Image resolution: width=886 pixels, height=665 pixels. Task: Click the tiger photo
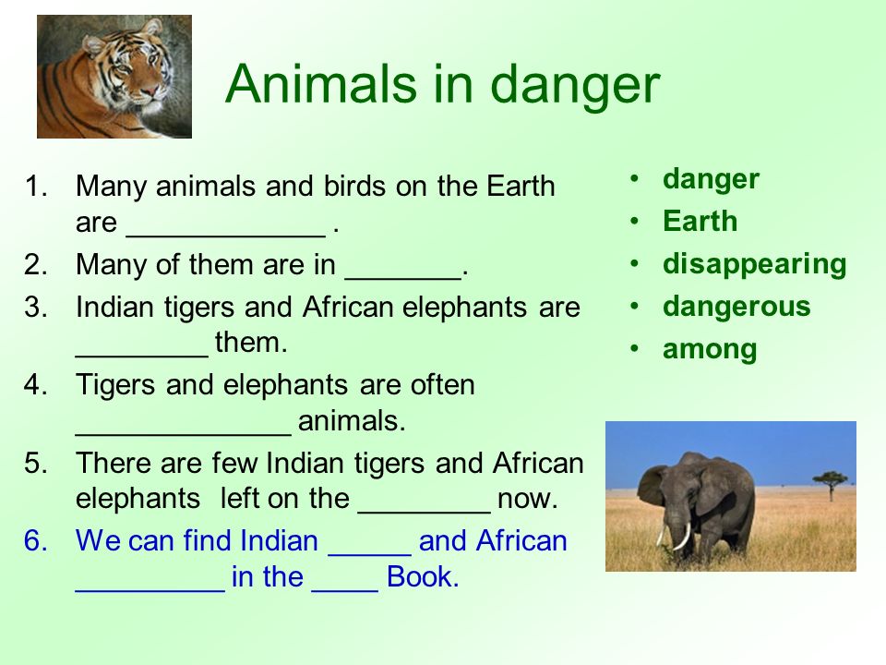pyautogui.click(x=114, y=77)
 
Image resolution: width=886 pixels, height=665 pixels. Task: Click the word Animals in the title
pyautogui.click(x=321, y=84)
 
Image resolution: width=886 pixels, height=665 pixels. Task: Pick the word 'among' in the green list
pyautogui.click(x=710, y=349)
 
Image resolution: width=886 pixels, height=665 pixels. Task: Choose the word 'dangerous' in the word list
pyautogui.click(x=736, y=307)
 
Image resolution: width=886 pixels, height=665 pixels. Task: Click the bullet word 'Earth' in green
pyautogui.click(x=700, y=221)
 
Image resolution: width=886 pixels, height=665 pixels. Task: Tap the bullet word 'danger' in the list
pyautogui.click(x=711, y=179)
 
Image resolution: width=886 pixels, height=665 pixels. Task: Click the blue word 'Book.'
pyautogui.click(x=423, y=576)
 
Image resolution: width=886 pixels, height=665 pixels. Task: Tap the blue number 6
pyautogui.click(x=36, y=540)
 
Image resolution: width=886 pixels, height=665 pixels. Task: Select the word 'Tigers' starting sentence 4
pyautogui.click(x=115, y=386)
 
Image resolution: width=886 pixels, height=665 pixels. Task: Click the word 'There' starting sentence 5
pyautogui.click(x=114, y=463)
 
